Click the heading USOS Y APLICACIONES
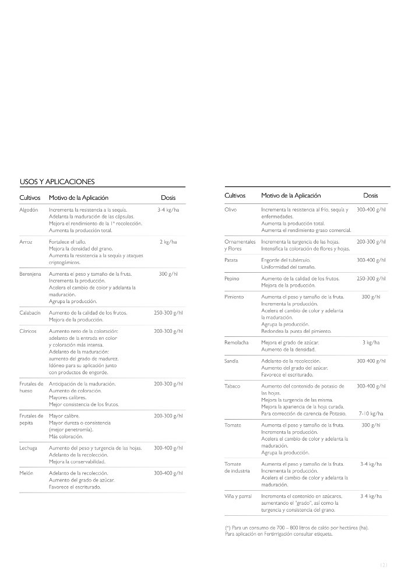point(57,181)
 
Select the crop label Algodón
point(29,209)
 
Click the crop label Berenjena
point(30,273)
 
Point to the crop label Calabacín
point(30,313)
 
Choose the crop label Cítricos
point(28,331)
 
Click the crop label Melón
point(26,473)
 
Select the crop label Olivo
point(230,209)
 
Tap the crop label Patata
point(231,260)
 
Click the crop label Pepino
point(231,279)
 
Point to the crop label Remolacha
point(236,343)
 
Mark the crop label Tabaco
point(232,386)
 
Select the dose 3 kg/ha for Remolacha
point(371,343)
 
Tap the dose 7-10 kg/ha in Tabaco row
point(371,413)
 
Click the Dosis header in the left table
point(168,198)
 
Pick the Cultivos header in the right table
point(235,195)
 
